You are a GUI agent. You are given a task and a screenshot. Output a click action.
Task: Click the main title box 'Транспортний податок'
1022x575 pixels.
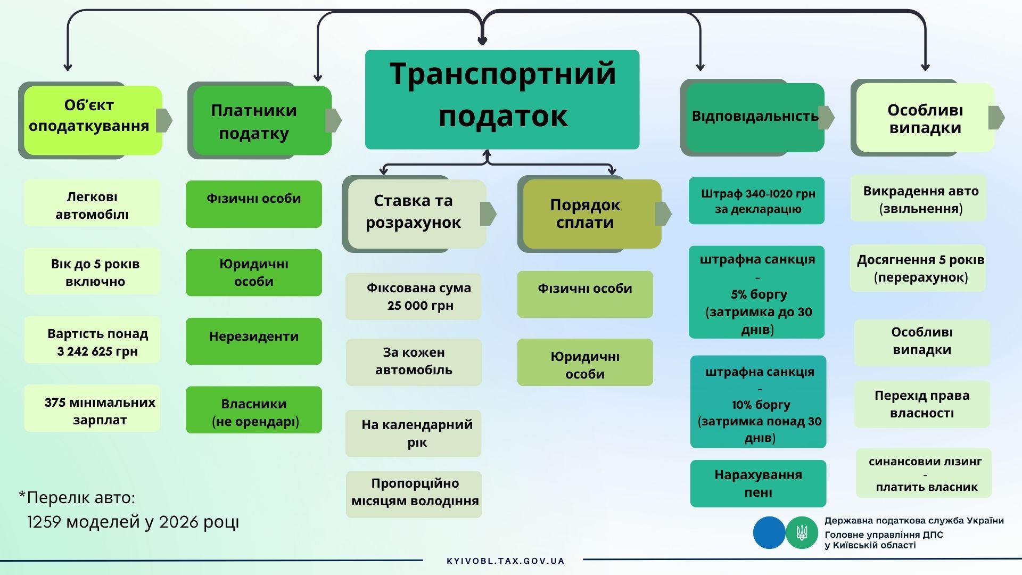pos(502,100)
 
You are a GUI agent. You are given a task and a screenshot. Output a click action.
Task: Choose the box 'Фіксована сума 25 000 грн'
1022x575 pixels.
pos(413,297)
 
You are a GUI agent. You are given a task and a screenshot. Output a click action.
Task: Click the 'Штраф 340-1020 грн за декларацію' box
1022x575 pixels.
pos(756,201)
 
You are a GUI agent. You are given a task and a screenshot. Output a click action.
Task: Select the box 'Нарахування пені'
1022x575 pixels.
pos(758,483)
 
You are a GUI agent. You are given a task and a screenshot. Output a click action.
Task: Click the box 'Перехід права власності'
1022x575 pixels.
pos(922,404)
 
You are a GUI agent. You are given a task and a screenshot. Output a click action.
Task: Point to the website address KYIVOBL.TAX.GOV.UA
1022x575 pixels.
pos(505,561)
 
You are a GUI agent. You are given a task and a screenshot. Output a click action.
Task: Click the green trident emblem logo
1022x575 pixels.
pos(802,532)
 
